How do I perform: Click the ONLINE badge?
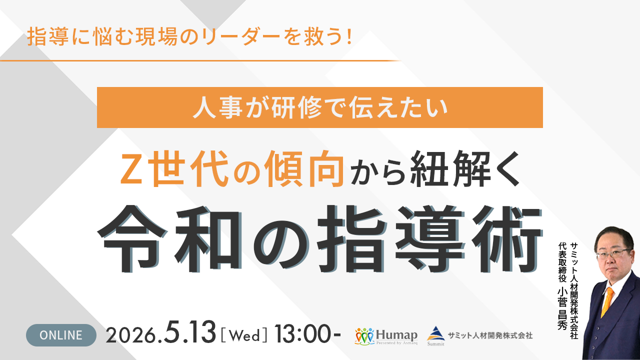click(x=61, y=335)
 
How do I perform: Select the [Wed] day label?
click(x=244, y=335)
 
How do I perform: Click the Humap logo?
click(x=386, y=336)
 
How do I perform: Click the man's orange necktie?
click(x=607, y=302)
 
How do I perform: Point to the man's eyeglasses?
click(x=613, y=253)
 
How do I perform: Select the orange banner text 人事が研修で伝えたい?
click(x=319, y=107)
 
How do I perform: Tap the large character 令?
click(x=132, y=238)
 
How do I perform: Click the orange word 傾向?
click(x=304, y=168)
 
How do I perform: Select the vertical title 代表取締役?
click(x=562, y=262)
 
